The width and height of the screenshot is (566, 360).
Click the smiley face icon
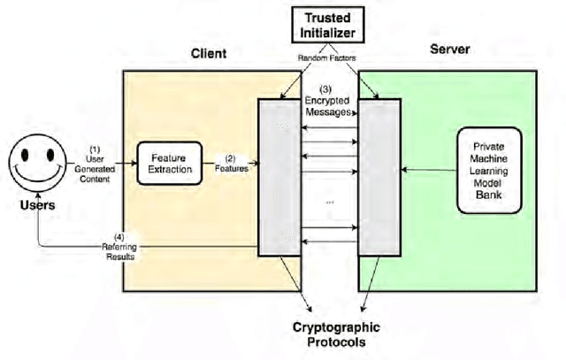tap(36, 165)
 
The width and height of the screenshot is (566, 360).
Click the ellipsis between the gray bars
tap(329, 203)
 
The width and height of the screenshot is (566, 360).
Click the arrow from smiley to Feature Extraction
tap(97, 163)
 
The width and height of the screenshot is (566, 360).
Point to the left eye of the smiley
tap(28, 157)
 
